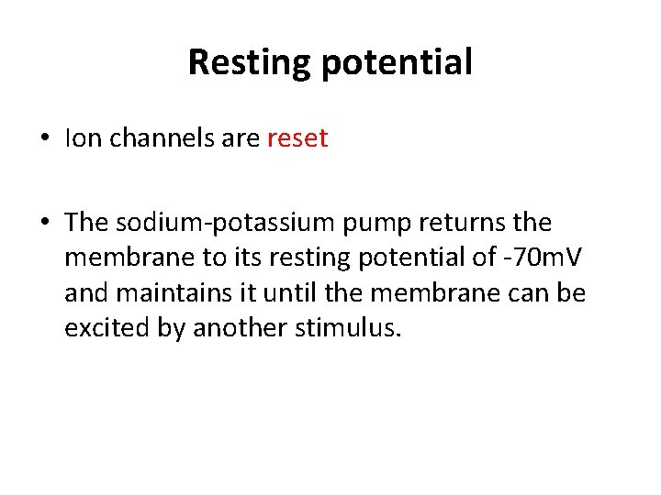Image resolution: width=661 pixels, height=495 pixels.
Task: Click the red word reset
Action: pos(297,138)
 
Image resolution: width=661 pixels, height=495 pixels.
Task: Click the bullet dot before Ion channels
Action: pos(45,139)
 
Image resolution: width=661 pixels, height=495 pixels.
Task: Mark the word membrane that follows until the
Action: pos(409,293)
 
